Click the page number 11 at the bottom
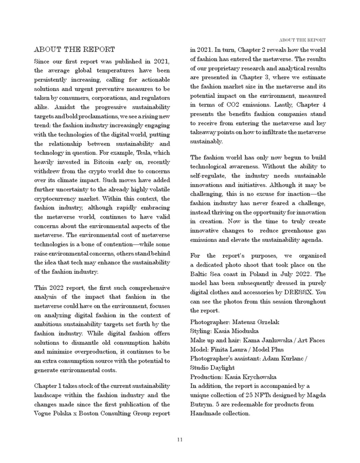(180, 439)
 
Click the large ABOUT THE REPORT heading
(74, 50)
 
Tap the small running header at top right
(302, 40)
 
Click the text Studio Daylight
(212, 368)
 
